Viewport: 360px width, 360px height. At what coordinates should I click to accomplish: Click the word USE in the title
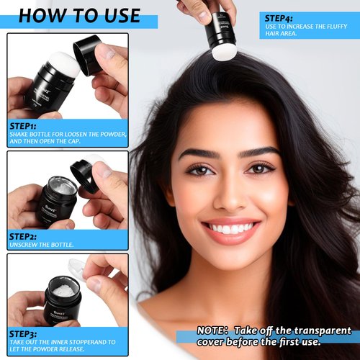click(122, 16)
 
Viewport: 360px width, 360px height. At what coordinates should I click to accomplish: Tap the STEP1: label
click(22, 126)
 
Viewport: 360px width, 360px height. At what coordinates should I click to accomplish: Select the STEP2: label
click(23, 237)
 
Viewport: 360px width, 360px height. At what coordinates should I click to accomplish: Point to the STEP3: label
click(23, 334)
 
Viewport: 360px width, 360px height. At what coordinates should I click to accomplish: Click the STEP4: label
click(279, 19)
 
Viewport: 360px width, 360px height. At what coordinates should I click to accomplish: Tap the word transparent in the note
click(323, 330)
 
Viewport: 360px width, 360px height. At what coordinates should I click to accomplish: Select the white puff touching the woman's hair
click(224, 53)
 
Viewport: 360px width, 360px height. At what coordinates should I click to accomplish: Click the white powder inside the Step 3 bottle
click(63, 290)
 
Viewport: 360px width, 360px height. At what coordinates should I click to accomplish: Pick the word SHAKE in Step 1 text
click(19, 134)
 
